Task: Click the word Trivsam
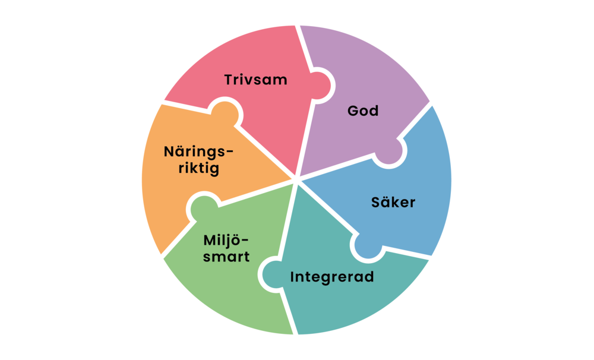pos(256,79)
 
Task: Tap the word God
pos(363,111)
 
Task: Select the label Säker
pos(393,202)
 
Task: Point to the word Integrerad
pos(332,277)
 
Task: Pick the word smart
pos(226,257)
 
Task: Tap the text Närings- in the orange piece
pos(198,151)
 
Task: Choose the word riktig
pos(191,168)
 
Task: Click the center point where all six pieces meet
pos(296,178)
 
